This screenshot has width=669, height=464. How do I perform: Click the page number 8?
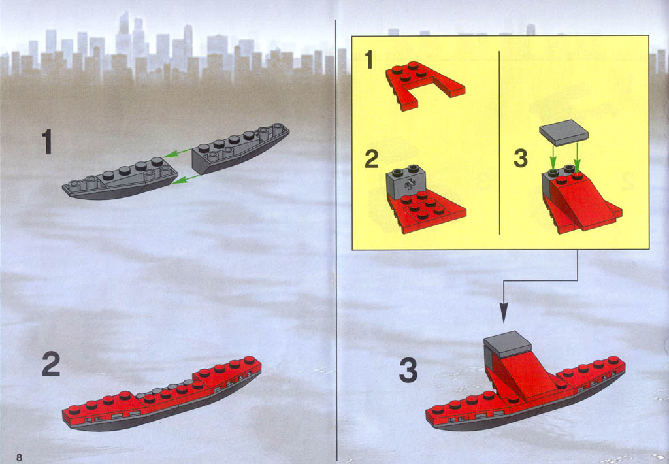[x=19, y=457]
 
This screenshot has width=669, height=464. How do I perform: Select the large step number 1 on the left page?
[x=47, y=142]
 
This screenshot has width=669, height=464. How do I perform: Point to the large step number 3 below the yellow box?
[x=408, y=370]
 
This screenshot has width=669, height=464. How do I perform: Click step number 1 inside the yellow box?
[x=369, y=59]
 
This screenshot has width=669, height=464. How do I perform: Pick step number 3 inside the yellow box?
[x=521, y=158]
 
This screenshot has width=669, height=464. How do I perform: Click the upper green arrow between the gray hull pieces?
[x=178, y=153]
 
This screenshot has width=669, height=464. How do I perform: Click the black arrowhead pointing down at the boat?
[x=504, y=312]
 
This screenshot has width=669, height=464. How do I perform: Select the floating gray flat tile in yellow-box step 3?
[x=564, y=131]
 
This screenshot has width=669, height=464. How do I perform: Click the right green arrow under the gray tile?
[x=578, y=157]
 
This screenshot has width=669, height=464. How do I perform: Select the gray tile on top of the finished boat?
[x=507, y=344]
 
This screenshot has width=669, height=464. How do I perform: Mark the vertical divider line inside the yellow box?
[x=499, y=142]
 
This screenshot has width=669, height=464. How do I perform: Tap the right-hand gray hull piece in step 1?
[x=240, y=148]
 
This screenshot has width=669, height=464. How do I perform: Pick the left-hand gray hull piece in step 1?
[x=120, y=178]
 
